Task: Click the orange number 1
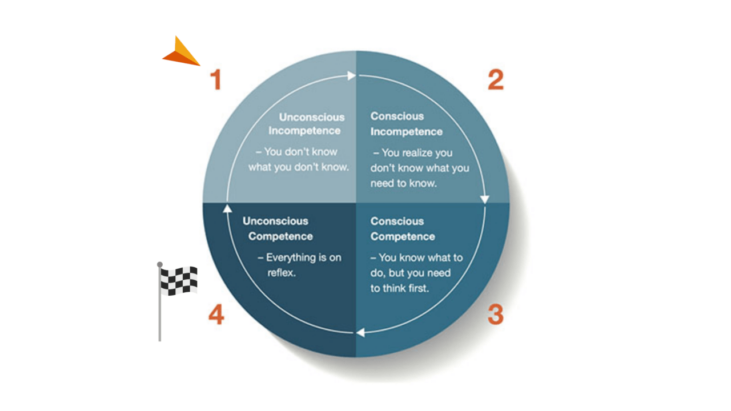click(215, 80)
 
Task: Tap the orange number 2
click(495, 80)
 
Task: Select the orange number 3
click(495, 315)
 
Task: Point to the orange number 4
click(216, 315)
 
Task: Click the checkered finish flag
click(179, 280)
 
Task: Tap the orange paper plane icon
click(182, 52)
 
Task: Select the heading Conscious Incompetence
click(406, 124)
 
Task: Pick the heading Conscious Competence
click(402, 229)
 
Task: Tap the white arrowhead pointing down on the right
click(485, 199)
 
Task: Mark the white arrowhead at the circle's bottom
click(360, 332)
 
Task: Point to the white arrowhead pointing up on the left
click(227, 208)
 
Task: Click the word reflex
click(280, 273)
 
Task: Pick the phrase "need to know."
click(403, 183)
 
